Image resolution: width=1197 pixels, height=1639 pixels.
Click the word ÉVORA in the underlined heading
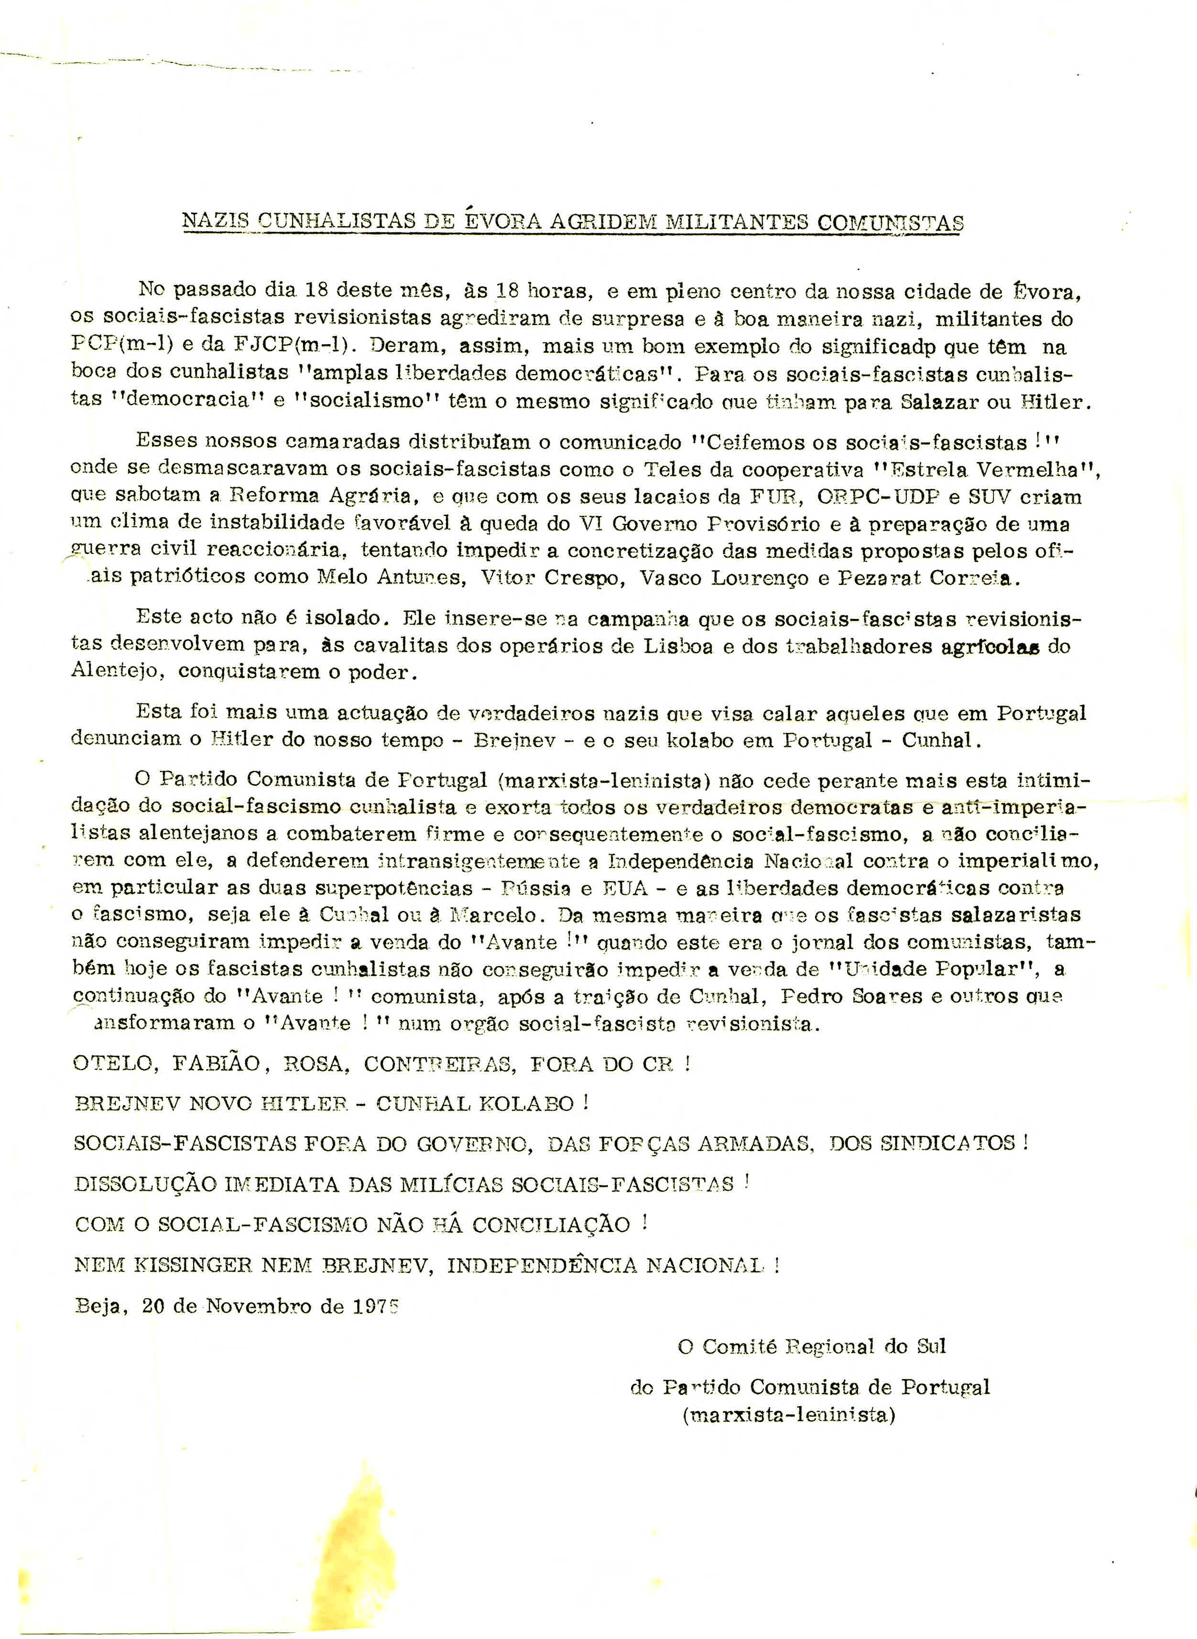(x=501, y=221)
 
